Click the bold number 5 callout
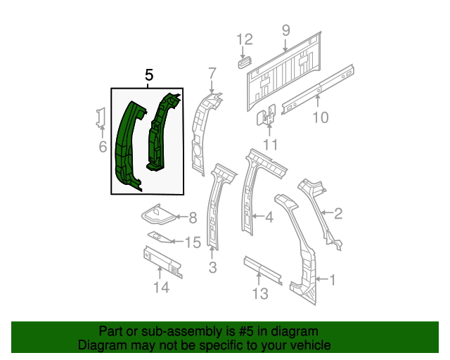(x=149, y=75)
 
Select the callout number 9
(x=286, y=30)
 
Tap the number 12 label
(x=245, y=39)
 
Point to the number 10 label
(x=321, y=117)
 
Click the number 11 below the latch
(x=270, y=145)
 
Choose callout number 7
(x=212, y=74)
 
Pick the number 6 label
(x=103, y=147)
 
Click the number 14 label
(x=161, y=287)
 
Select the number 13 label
(x=260, y=293)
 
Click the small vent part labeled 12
(x=245, y=63)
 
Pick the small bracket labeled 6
(x=101, y=117)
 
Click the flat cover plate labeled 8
(x=157, y=214)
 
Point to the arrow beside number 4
(x=258, y=216)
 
